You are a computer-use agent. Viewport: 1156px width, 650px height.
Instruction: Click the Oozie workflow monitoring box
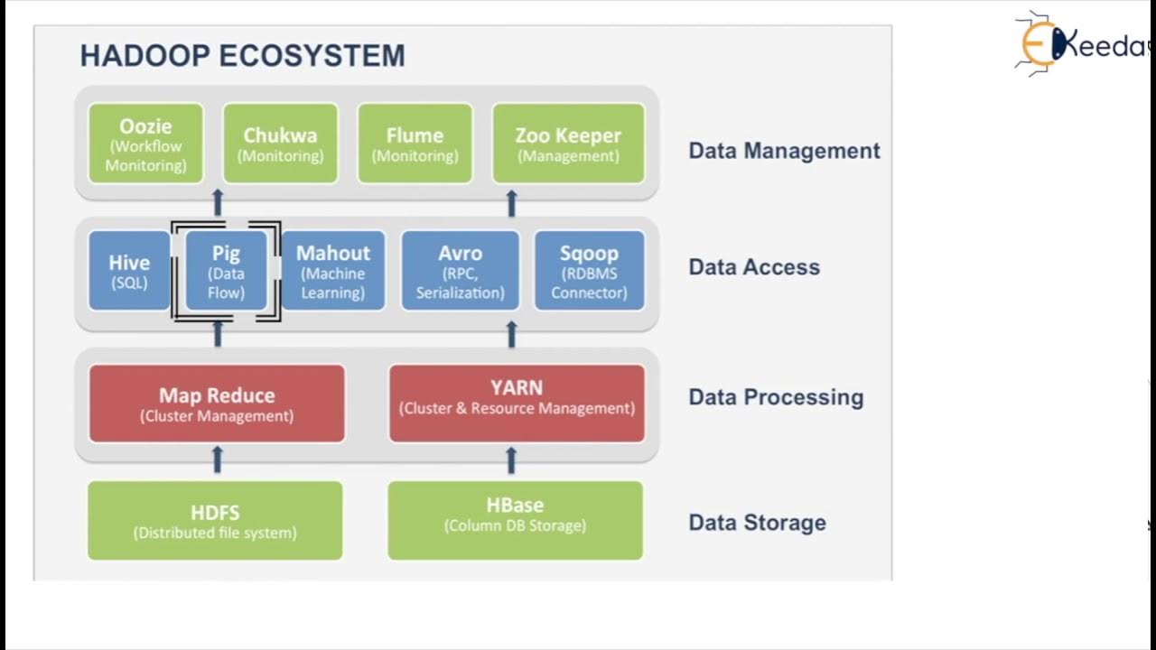(x=145, y=144)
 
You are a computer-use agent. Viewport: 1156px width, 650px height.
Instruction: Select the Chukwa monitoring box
(x=280, y=144)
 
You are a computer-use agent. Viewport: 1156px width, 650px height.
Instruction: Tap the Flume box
(x=415, y=144)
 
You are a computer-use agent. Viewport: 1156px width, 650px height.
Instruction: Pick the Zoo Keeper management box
(x=568, y=144)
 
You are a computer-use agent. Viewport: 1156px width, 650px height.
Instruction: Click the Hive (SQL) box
(x=129, y=271)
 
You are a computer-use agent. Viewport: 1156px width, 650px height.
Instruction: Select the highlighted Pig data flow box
(x=226, y=271)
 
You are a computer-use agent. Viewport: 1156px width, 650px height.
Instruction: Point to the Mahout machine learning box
(x=333, y=271)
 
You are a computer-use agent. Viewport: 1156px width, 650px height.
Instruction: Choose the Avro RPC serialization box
(x=461, y=271)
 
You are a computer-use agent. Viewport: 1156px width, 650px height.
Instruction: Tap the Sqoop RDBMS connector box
(x=589, y=271)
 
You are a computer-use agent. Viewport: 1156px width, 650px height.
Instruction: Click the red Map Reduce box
(x=217, y=404)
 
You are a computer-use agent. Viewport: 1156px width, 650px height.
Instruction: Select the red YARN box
(x=517, y=404)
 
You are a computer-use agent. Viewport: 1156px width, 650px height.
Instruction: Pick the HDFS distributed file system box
(x=215, y=521)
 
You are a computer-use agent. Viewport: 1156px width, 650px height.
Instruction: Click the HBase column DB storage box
(x=515, y=521)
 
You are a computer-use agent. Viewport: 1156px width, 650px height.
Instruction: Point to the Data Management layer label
(x=784, y=151)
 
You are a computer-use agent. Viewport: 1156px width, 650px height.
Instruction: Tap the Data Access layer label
(x=754, y=267)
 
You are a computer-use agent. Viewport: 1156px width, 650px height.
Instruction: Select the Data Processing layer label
(x=776, y=397)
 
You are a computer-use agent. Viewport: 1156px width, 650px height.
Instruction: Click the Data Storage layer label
(x=757, y=523)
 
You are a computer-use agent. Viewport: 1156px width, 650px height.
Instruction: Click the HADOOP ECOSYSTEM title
(x=242, y=56)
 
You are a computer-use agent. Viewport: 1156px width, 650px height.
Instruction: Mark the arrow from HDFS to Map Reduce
(x=217, y=460)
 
